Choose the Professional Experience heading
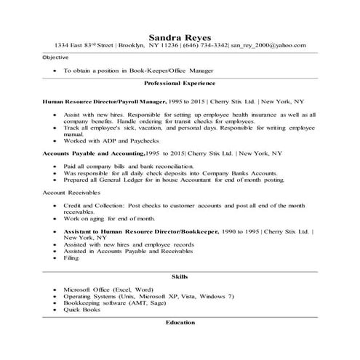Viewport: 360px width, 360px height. [180, 84]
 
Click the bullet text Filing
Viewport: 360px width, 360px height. [71, 257]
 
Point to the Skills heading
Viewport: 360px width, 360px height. [179, 277]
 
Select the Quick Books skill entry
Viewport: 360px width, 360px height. [81, 309]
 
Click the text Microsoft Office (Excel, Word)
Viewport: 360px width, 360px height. [108, 289]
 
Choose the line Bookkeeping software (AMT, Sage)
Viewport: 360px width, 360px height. [114, 303]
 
